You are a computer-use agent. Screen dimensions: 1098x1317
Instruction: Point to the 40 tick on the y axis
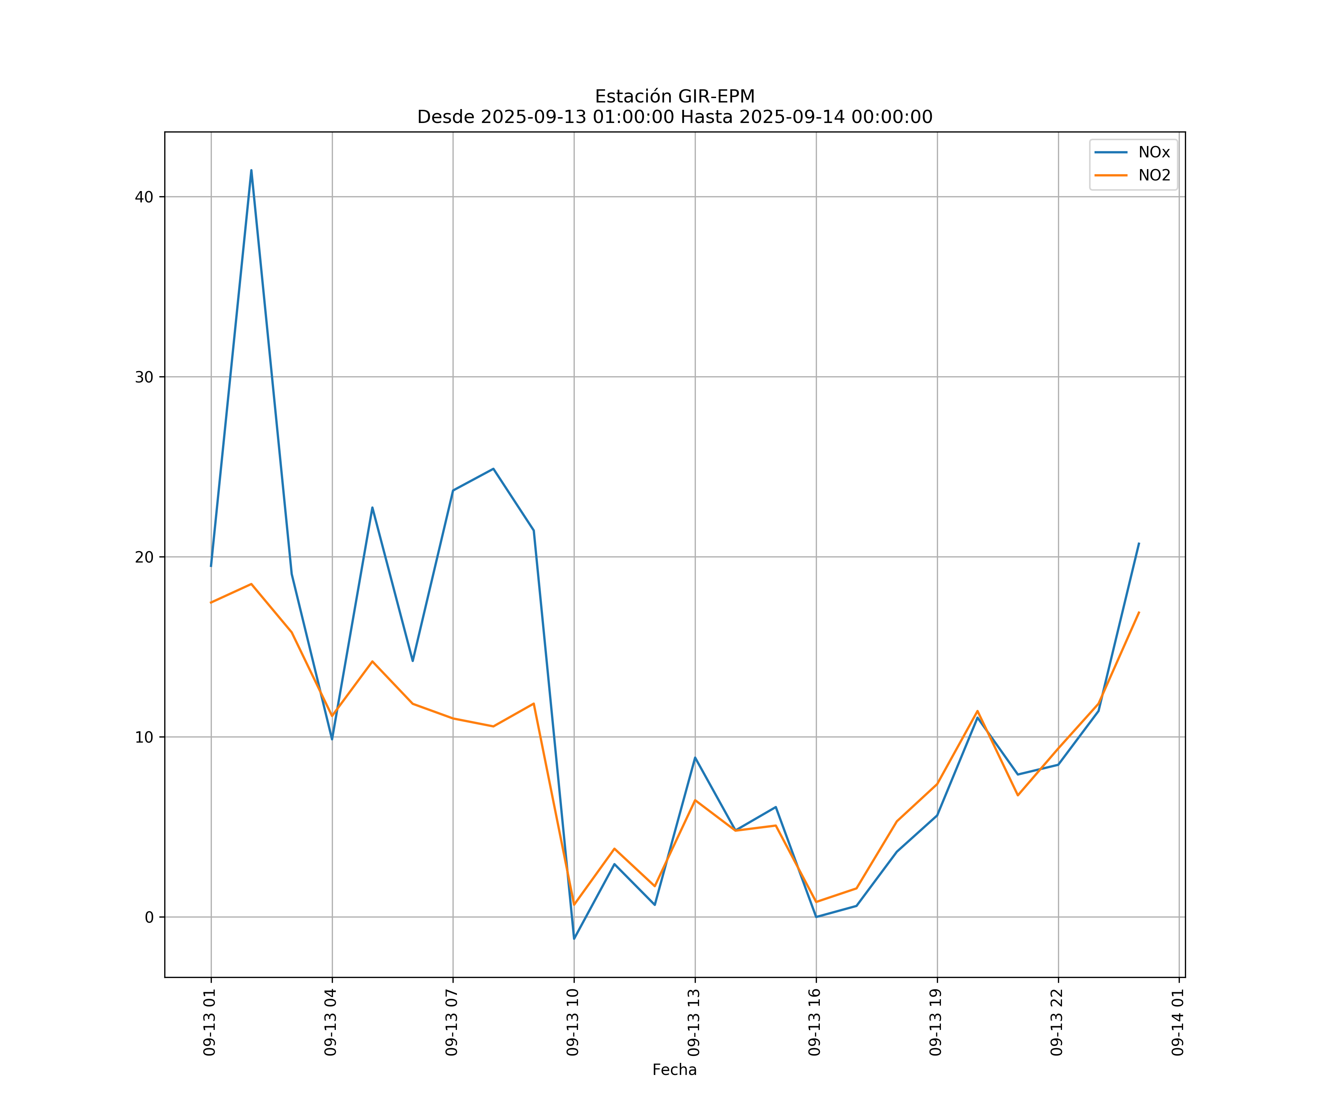[144, 197]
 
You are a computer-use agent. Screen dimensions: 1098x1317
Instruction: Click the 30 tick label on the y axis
[144, 377]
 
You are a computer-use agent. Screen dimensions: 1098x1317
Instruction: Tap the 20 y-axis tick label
[144, 557]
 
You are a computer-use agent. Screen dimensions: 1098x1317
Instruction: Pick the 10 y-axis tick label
[144, 737]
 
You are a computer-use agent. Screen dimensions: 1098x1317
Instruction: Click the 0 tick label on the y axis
[149, 917]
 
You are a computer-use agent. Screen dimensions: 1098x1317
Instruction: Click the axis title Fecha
[674, 1070]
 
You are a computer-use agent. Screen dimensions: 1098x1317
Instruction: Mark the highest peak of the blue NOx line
[251, 170]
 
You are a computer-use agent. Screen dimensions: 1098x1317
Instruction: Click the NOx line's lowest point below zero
[574, 939]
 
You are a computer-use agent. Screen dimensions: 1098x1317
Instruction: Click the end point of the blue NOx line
[1139, 544]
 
